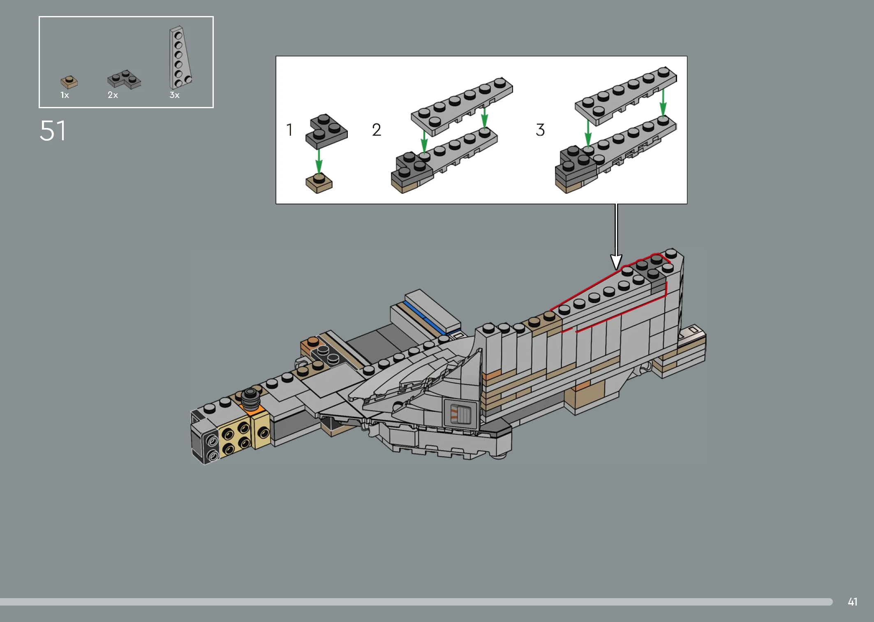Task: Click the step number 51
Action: [x=53, y=131]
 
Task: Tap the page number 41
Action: [x=853, y=602]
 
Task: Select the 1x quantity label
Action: [x=65, y=95]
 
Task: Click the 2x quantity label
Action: [x=113, y=95]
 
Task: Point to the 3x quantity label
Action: [x=174, y=95]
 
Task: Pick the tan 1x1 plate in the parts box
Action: [x=69, y=82]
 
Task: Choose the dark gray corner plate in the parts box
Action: [x=124, y=79]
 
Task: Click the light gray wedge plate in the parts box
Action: [x=180, y=58]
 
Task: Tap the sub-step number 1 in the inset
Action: [x=289, y=130]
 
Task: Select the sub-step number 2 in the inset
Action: [x=377, y=130]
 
